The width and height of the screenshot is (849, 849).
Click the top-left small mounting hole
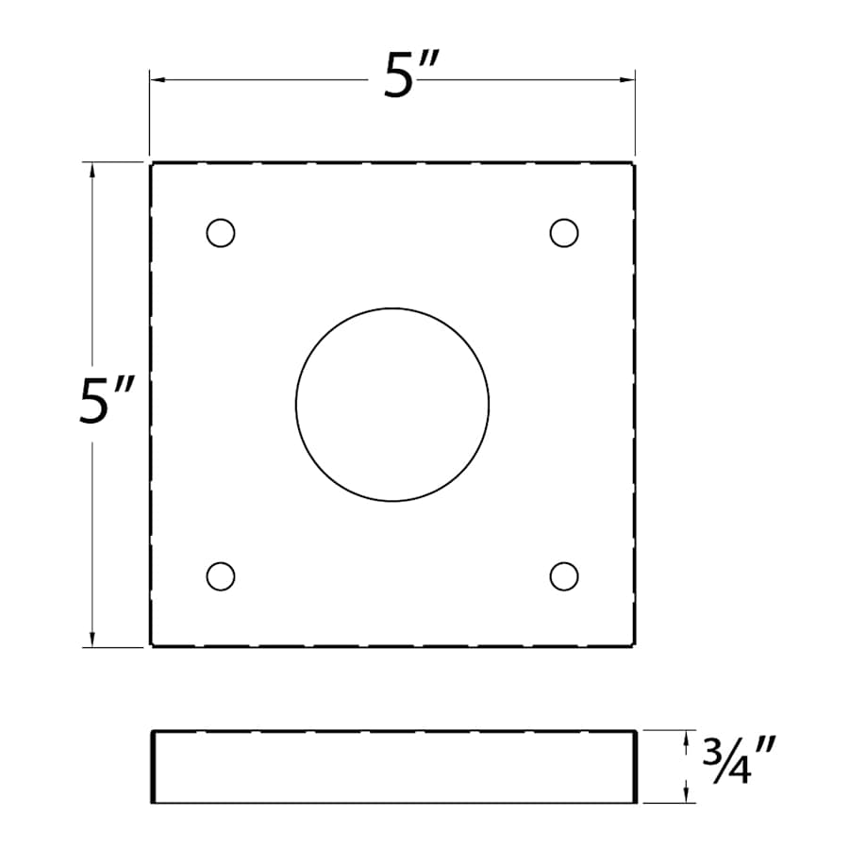[221, 232]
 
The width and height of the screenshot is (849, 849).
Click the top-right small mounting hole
[564, 232]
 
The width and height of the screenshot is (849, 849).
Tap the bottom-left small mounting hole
[221, 575]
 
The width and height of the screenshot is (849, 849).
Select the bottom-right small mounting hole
[564, 575]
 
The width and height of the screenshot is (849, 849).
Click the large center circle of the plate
[392, 404]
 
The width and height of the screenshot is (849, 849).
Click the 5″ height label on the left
[109, 404]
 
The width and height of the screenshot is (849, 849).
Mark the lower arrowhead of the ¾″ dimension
[687, 796]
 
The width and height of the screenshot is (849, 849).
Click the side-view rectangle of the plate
[392, 766]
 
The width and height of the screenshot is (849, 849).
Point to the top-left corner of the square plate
[151, 163]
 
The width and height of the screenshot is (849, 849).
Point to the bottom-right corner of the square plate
[634, 646]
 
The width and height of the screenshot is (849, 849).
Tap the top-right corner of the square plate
[634, 163]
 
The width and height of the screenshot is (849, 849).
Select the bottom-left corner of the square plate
[151, 646]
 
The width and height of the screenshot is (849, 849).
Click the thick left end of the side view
[153, 766]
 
